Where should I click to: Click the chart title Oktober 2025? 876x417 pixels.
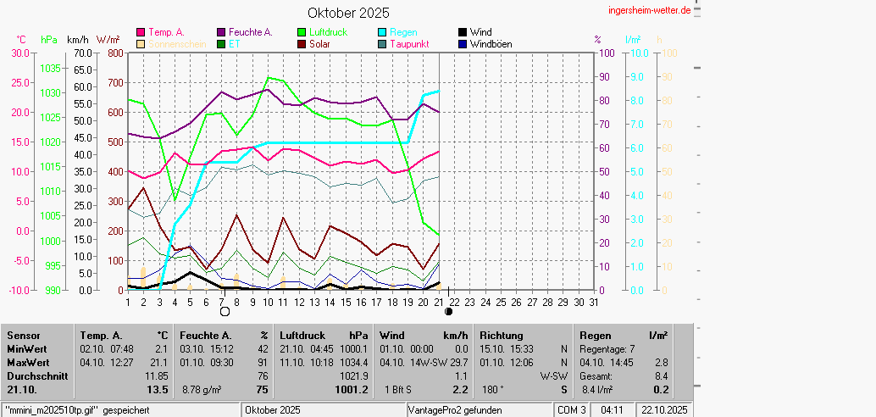348,13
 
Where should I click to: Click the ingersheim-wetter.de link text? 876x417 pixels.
650,9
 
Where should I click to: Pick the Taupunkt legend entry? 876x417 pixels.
409,44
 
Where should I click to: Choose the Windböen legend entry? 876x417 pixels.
491,44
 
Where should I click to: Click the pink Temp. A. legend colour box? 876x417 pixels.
141,32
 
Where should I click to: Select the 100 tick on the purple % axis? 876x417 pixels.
607,53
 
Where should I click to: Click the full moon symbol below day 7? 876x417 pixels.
225,312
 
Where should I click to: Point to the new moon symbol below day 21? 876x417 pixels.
448,312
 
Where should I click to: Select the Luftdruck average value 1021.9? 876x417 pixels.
353,376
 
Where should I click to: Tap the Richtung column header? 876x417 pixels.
501,336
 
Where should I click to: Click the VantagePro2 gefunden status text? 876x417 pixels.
456,410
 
